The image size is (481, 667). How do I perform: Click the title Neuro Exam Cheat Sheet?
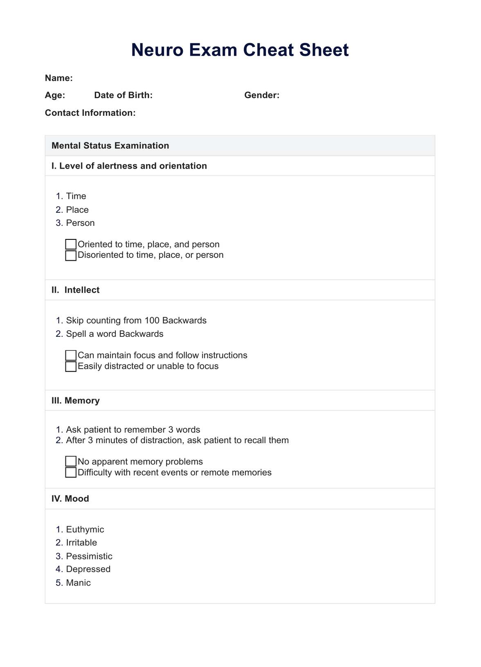240,50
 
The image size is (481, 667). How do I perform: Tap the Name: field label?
58,78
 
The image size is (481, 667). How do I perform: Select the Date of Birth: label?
123,95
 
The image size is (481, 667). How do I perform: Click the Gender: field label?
262,95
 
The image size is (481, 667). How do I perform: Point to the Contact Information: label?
90,113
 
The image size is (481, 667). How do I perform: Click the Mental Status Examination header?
110,146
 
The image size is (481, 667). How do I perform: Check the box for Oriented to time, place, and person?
71,244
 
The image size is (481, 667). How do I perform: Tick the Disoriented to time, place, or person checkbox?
71,255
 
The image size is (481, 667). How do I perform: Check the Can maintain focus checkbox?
71,355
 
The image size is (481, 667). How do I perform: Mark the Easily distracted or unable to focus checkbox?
71,366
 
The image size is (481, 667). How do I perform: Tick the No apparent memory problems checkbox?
71,462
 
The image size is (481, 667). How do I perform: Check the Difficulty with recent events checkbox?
71,473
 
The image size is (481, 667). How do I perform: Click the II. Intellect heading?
76,290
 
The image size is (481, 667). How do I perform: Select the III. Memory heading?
76,401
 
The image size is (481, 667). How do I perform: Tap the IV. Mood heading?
70,499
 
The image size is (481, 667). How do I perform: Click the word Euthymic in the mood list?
85,530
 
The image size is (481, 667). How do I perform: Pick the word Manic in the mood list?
78,583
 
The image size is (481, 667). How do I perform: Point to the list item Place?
77,210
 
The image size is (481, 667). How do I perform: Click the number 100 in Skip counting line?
152,320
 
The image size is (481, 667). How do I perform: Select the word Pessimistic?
89,556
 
